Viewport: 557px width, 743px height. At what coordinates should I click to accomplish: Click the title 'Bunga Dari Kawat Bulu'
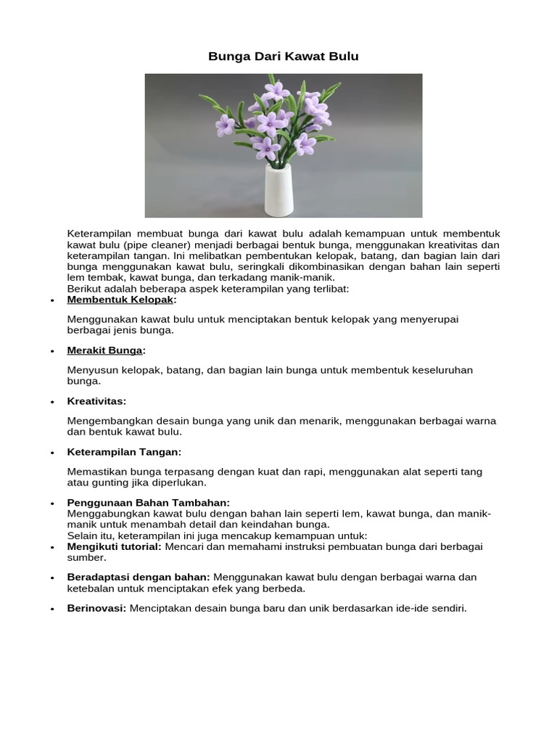coord(284,56)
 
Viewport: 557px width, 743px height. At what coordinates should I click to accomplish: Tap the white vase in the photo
coord(278,190)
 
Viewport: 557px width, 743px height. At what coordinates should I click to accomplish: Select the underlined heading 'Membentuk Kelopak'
coord(120,300)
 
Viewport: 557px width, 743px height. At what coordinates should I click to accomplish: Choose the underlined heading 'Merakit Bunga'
coord(105,350)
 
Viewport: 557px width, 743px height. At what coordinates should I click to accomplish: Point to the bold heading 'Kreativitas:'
coord(96,401)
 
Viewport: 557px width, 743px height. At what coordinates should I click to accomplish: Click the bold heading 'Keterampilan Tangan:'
coord(124,452)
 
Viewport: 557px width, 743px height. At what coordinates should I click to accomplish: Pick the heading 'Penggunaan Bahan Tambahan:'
coord(148,503)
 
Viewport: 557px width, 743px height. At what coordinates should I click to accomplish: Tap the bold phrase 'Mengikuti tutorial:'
coord(114,546)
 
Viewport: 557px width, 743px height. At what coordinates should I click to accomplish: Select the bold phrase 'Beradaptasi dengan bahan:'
coord(139,577)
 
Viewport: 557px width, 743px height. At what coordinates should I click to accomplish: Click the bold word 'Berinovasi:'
coord(96,608)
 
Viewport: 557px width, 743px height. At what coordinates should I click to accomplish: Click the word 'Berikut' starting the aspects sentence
coord(84,289)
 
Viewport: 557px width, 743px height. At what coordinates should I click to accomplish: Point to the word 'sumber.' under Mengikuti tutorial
coord(86,558)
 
